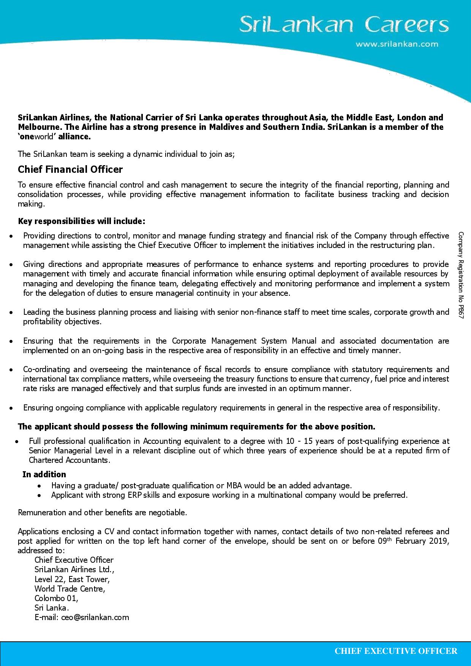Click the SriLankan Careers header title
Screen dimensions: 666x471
[344, 25]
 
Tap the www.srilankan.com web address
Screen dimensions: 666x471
[397, 44]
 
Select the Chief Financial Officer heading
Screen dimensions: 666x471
[70, 169]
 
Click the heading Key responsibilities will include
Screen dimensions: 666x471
[81, 221]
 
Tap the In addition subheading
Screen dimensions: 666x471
[44, 474]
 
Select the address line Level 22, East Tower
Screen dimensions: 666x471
[72, 579]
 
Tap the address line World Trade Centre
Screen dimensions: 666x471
[70, 589]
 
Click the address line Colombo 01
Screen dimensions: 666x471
[56, 598]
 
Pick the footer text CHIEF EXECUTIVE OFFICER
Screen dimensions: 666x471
[396, 651]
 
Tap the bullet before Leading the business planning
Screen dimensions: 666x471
[12, 312]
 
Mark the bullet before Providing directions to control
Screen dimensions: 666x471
[12, 236]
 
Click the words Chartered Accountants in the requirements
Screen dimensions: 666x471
[69, 460]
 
